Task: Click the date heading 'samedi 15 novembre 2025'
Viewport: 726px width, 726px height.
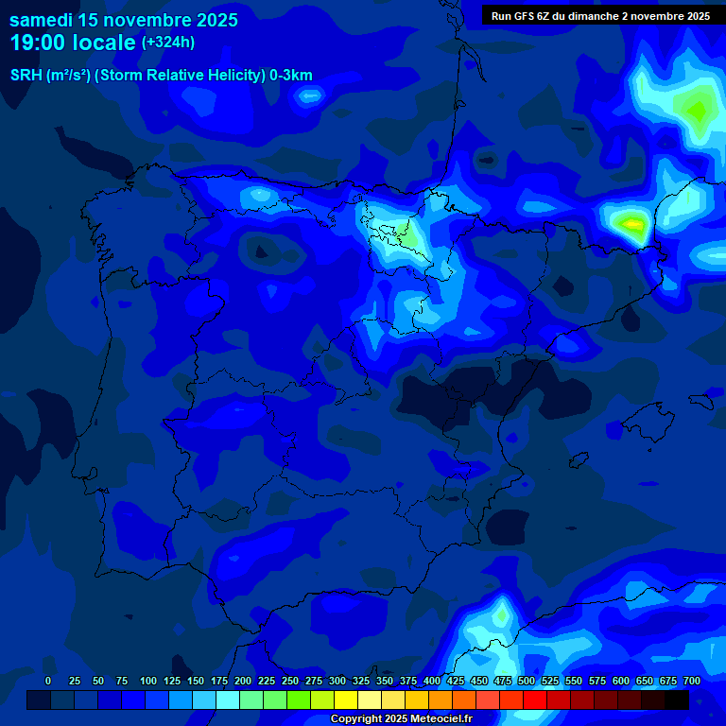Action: (x=123, y=20)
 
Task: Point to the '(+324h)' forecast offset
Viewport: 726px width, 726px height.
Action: (x=168, y=43)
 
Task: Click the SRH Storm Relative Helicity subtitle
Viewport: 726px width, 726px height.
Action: (x=161, y=76)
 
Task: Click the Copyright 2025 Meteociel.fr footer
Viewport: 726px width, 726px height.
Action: (x=401, y=718)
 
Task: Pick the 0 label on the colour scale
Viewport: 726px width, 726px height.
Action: (x=48, y=681)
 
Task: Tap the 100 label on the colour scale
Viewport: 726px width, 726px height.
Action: (x=148, y=681)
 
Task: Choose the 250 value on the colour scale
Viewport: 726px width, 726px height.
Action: (x=290, y=681)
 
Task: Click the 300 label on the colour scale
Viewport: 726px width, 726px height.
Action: (x=337, y=681)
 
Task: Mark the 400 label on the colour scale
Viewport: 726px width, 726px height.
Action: (x=432, y=681)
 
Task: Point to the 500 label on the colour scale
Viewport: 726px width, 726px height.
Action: (x=527, y=681)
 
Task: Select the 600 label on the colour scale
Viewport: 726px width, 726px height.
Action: (x=621, y=681)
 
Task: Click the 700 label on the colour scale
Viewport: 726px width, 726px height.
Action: (x=692, y=681)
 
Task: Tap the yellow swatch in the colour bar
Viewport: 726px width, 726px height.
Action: (x=346, y=700)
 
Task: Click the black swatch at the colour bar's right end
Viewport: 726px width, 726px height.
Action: (x=677, y=700)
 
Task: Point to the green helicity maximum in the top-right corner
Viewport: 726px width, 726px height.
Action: (x=699, y=112)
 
